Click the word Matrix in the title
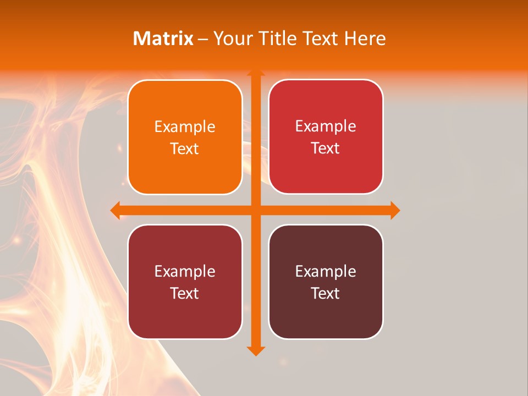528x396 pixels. pyautogui.click(x=163, y=38)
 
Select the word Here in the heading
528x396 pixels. pyautogui.click(x=365, y=38)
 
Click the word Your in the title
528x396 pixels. pyautogui.click(x=230, y=38)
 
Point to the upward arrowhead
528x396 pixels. pyautogui.click(x=256, y=73)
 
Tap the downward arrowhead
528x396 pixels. pyautogui.click(x=256, y=350)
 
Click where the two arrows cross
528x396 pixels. pyautogui.click(x=256, y=210)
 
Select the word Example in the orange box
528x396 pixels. pyautogui.click(x=185, y=127)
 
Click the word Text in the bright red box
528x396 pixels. pyautogui.click(x=326, y=148)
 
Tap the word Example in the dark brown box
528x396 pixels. pyautogui.click(x=326, y=272)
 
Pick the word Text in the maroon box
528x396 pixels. pyautogui.click(x=185, y=293)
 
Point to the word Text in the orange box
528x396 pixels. pyautogui.click(x=185, y=149)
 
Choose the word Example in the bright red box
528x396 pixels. pyautogui.click(x=326, y=127)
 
